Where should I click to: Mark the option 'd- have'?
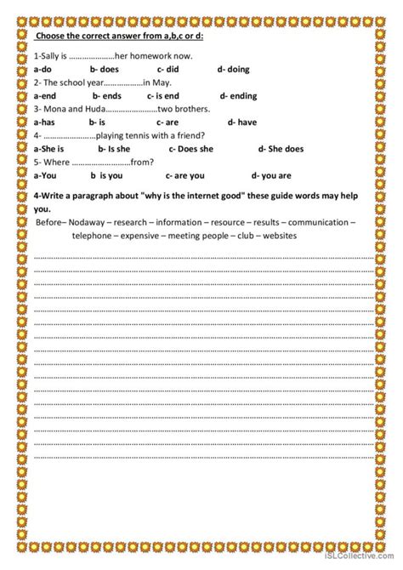(x=233, y=122)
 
